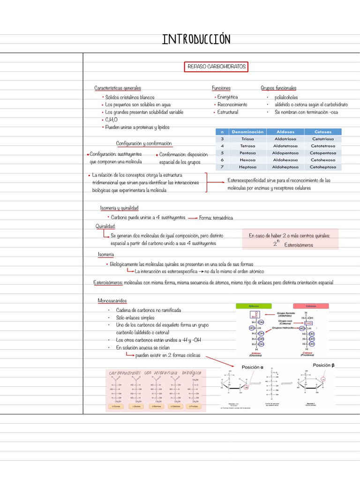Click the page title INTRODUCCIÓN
click(x=196, y=39)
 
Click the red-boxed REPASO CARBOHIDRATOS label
click(x=216, y=67)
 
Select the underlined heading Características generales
click(x=118, y=88)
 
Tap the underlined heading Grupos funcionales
click(x=278, y=88)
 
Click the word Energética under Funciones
click(x=227, y=97)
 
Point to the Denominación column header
click(x=248, y=132)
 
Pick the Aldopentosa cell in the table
click(x=285, y=153)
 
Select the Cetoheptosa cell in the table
click(x=322, y=167)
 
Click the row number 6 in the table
click(x=222, y=160)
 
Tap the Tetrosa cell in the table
click(x=248, y=146)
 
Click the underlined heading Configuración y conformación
click(x=144, y=143)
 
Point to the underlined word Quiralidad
click(x=105, y=226)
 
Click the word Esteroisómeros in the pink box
click(x=299, y=245)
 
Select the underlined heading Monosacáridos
click(x=112, y=300)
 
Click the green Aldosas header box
click(x=254, y=306)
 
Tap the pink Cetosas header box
click(x=310, y=306)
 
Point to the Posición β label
click(x=324, y=365)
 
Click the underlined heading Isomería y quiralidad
click(x=119, y=208)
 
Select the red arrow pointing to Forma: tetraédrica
click(x=192, y=218)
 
